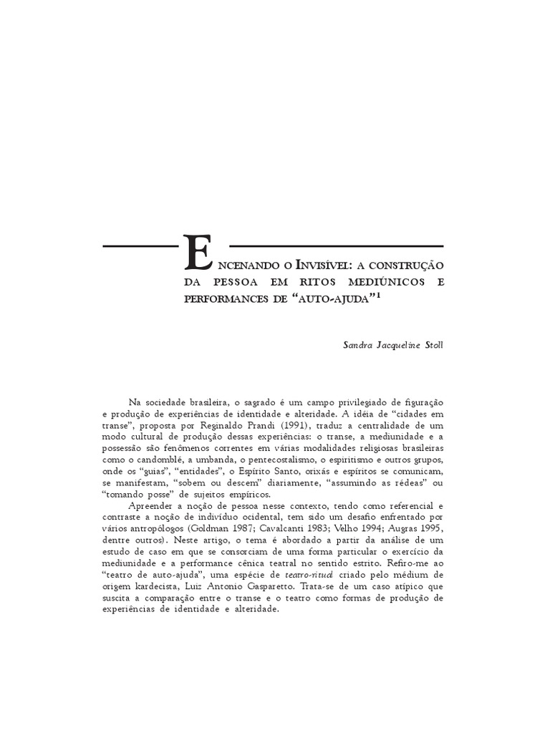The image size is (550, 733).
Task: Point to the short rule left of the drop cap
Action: [140, 246]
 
